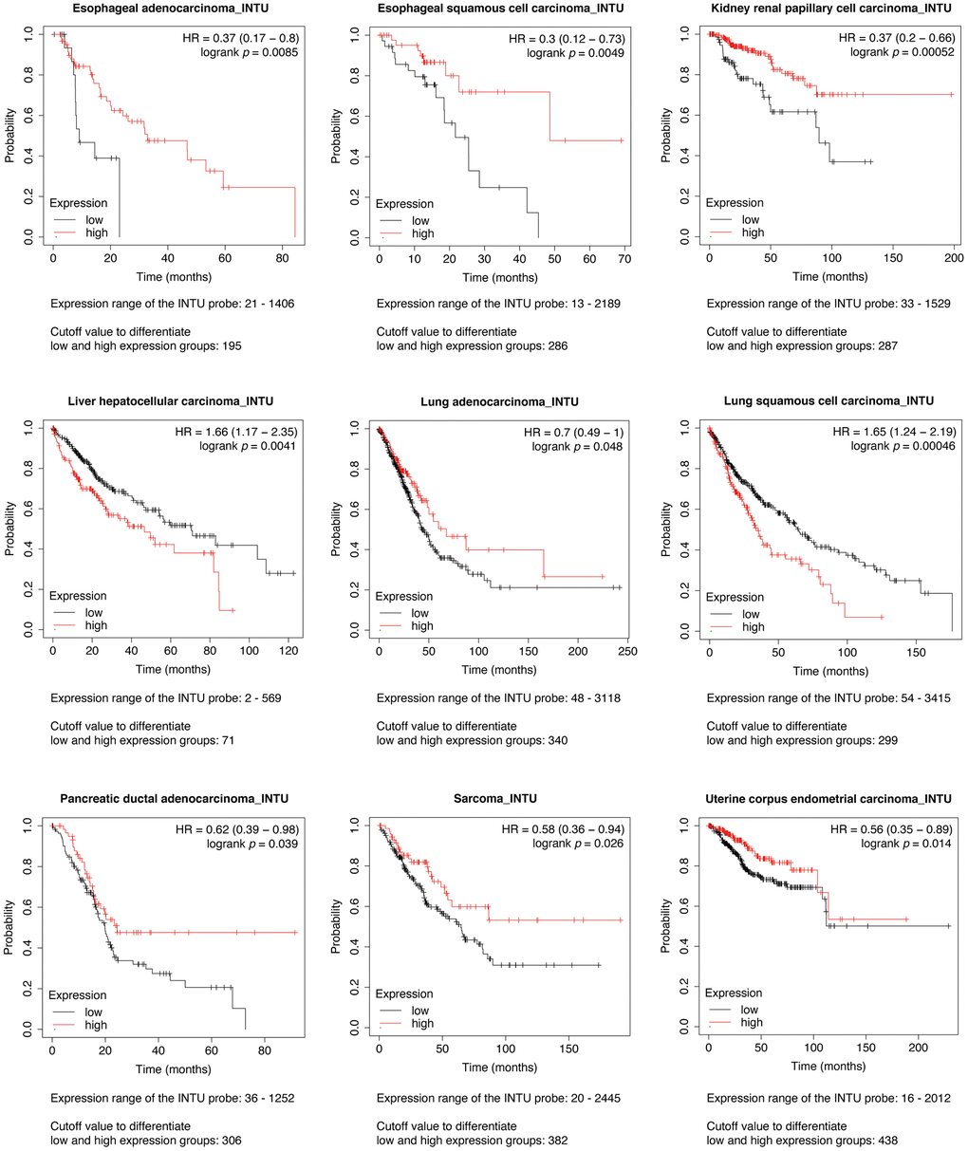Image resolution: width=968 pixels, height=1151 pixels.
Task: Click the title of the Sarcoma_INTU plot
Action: coord(501,799)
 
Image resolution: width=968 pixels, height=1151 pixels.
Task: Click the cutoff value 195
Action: coord(231,346)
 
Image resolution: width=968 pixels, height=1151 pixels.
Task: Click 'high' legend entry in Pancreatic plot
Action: coord(96,1025)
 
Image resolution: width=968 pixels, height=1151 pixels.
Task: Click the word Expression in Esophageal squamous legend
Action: coord(404,204)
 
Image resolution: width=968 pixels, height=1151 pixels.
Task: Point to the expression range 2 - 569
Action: coord(257,698)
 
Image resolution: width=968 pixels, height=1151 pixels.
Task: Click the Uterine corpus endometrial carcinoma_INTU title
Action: coord(830,799)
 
